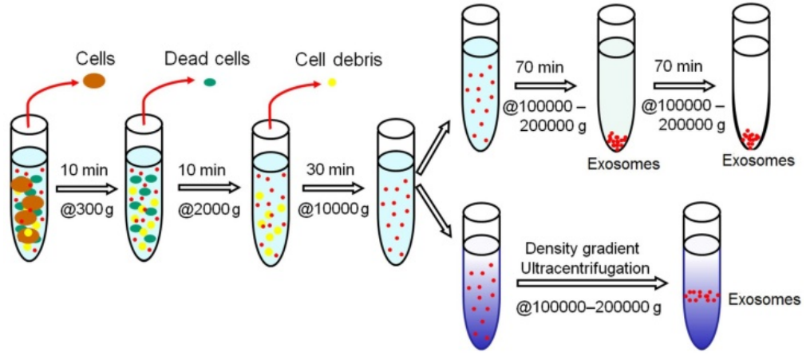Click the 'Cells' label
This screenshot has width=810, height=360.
95,59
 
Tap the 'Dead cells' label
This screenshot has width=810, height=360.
207,59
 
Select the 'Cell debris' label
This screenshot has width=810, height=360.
327,60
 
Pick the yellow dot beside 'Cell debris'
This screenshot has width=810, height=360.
332,81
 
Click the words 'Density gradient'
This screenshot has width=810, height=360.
583,249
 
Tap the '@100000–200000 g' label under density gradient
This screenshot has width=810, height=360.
589,307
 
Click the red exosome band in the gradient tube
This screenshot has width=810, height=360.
702,296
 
